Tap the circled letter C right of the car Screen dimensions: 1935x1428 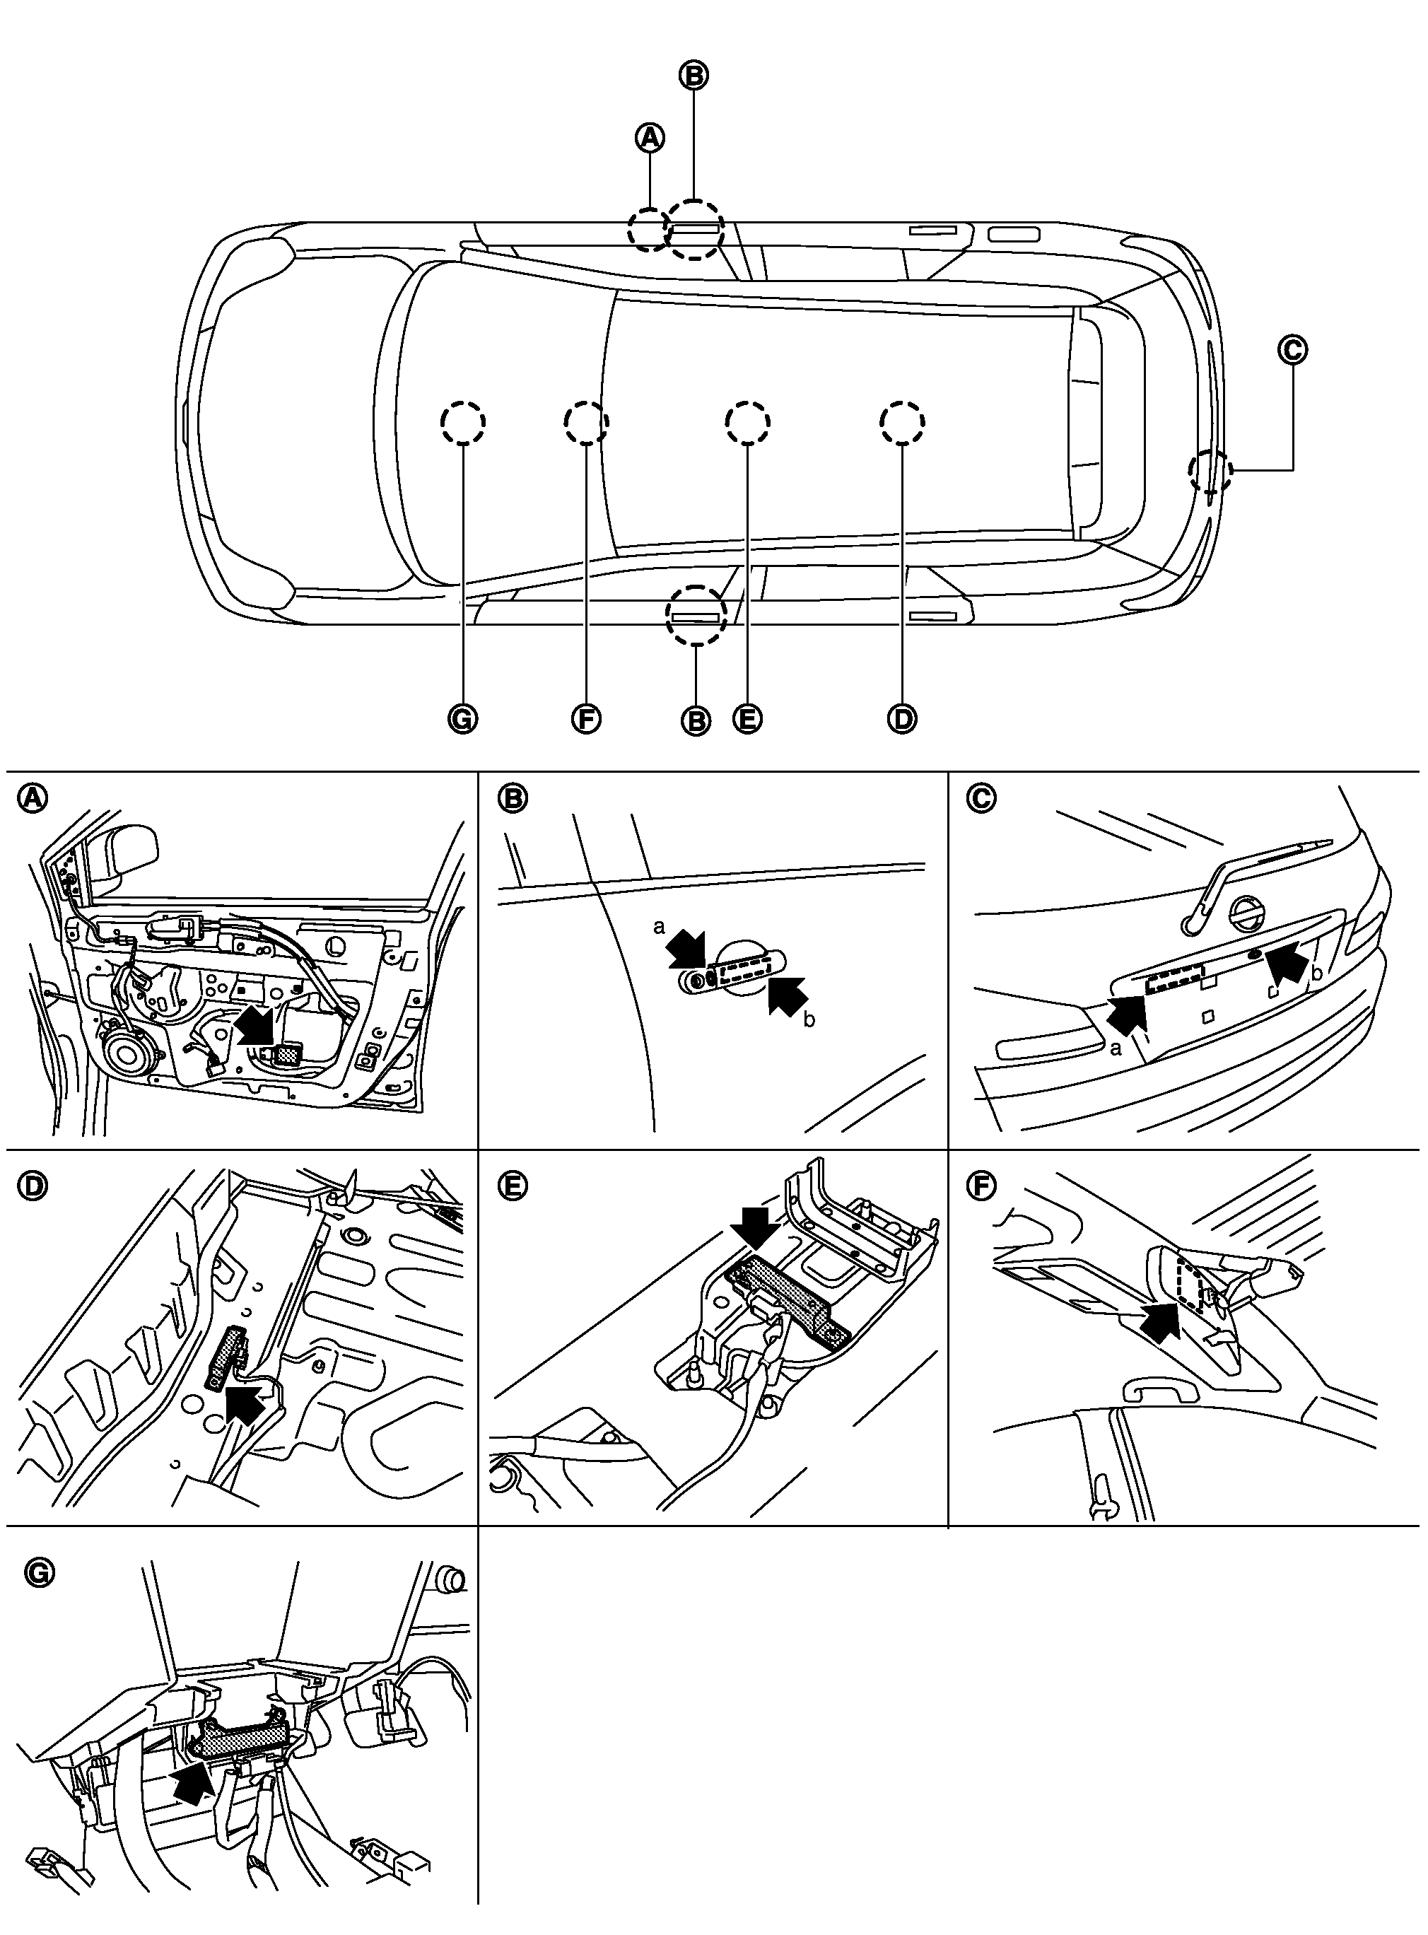pos(1292,350)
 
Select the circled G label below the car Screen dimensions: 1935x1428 pos(462,719)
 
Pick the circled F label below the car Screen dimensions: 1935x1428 pos(586,719)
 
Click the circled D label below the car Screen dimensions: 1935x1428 pos(901,719)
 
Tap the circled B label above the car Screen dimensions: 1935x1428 pos(693,76)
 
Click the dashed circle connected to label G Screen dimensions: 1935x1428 pos(462,422)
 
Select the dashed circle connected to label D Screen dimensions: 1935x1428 pos(901,422)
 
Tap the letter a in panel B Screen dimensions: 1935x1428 pos(659,928)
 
